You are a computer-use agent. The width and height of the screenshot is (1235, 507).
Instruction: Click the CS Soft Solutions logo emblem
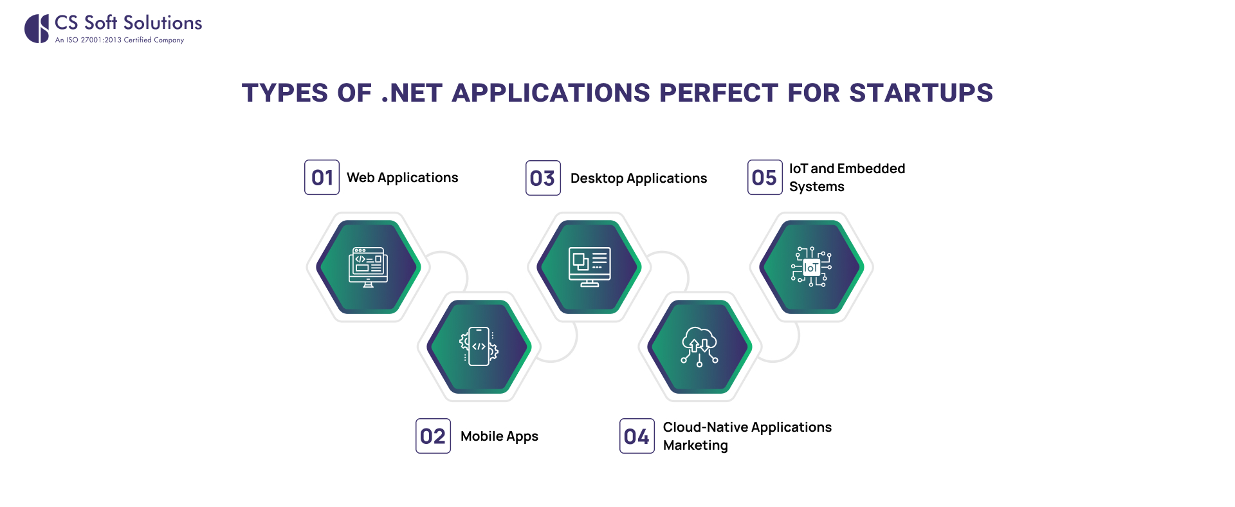click(x=37, y=29)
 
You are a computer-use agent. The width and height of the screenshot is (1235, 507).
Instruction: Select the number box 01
click(x=322, y=178)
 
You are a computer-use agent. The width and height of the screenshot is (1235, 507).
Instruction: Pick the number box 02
click(x=433, y=436)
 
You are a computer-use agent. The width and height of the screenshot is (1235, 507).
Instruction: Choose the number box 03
click(x=543, y=178)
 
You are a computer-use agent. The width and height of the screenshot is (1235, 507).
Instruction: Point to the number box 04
click(x=637, y=436)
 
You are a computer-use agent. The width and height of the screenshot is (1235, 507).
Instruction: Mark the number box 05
click(x=765, y=178)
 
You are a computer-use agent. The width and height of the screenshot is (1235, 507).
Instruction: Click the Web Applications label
click(x=402, y=178)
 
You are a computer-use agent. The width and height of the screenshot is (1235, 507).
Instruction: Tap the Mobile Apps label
click(x=499, y=436)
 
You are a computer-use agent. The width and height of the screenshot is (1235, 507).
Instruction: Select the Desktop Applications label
click(x=638, y=178)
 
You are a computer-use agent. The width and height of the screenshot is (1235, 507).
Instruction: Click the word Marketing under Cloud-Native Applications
click(x=695, y=445)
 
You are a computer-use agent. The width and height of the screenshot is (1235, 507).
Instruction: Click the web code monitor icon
click(x=368, y=267)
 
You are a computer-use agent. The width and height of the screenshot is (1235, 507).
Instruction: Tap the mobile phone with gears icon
click(x=479, y=347)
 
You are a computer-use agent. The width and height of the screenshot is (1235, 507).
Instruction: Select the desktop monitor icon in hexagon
click(x=589, y=267)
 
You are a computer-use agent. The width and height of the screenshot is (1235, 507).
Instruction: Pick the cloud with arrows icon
click(x=699, y=347)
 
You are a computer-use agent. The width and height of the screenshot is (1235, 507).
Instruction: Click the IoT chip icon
click(x=811, y=267)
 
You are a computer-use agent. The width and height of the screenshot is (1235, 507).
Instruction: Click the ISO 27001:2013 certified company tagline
click(x=120, y=40)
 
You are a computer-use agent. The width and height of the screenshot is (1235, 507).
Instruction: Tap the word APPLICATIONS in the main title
click(x=551, y=93)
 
